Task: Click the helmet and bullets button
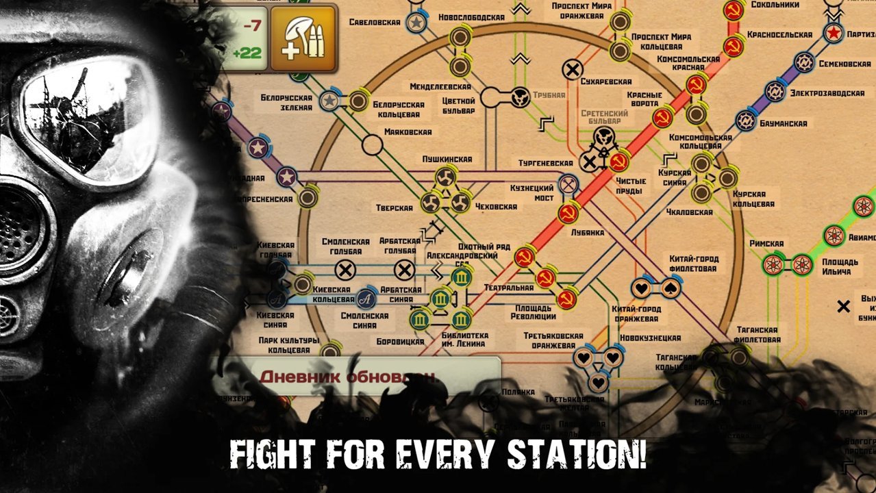303,38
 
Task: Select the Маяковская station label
408,131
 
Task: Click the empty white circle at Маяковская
372,145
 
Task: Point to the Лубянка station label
588,232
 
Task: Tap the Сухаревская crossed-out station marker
573,69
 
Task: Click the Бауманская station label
783,124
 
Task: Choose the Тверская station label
395,208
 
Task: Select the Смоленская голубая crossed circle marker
346,270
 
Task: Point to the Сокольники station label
776,5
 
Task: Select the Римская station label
766,243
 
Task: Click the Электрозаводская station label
827,92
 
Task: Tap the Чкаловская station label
685,212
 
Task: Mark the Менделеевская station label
440,87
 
